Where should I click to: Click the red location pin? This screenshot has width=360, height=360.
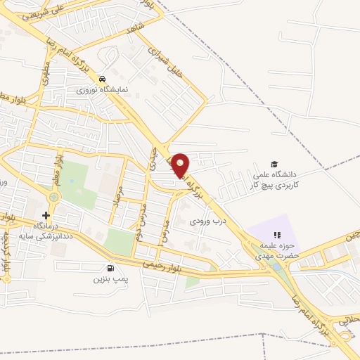pos(181,165)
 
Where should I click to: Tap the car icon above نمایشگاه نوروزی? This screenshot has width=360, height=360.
pos(103,79)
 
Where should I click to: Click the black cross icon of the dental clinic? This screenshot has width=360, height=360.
pos(46,215)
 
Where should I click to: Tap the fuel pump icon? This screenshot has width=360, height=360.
pos(110,268)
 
